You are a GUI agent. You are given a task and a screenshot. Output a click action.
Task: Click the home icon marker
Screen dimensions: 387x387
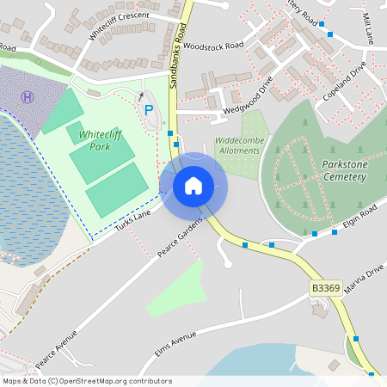[x=193, y=185]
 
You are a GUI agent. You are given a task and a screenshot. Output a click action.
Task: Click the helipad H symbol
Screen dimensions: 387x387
[x=28, y=97]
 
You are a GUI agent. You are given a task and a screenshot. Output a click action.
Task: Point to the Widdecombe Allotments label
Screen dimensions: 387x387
[x=237, y=144]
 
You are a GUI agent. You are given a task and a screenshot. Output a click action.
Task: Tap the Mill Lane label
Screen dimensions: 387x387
[x=367, y=28]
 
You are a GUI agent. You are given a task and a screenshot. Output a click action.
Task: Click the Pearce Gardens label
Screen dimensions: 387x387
[x=181, y=238]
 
